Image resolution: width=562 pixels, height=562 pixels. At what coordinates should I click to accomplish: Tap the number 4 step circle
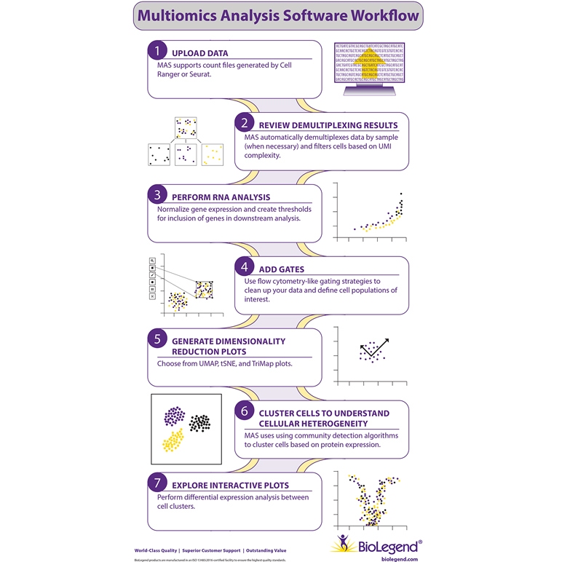245,267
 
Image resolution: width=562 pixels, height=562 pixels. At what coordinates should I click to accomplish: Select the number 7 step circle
157,483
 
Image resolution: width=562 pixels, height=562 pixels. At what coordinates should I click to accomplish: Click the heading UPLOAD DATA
199,53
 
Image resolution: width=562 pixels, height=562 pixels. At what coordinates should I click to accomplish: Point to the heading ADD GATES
281,269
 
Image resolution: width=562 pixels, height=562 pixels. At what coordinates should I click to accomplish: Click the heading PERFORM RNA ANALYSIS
221,197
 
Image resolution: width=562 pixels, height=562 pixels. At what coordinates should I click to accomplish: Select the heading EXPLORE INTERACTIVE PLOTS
230,485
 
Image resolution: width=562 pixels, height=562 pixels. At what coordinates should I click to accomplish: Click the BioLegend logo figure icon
344,543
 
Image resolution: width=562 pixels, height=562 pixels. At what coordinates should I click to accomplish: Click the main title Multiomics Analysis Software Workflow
279,15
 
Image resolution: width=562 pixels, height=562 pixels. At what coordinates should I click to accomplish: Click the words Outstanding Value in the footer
266,550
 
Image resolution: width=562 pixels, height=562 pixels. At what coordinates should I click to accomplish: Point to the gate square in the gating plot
204,289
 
